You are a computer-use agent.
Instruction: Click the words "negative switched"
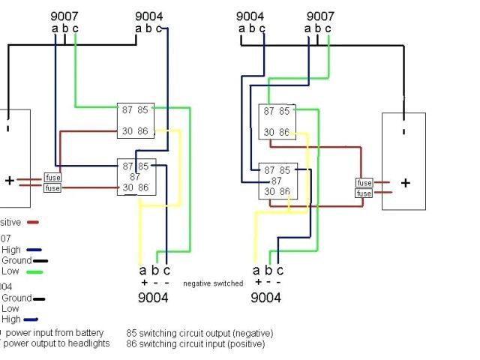(213, 283)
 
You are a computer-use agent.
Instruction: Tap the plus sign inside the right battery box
(405, 183)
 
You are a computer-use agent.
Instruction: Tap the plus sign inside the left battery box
(9, 181)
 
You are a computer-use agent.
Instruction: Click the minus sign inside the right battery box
(403, 131)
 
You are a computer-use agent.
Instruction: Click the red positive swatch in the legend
(32, 222)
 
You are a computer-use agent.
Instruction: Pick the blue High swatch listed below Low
(32, 319)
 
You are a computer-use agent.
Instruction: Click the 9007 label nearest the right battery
(320, 16)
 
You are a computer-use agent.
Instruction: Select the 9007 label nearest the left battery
(64, 16)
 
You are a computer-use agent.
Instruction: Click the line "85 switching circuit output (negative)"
(199, 333)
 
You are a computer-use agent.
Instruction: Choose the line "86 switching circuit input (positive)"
(195, 344)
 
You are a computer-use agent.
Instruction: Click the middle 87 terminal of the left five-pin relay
(136, 177)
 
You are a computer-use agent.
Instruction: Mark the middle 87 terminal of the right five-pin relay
(277, 181)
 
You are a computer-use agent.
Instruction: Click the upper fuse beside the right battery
(364, 183)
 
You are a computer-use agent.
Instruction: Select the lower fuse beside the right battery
(364, 193)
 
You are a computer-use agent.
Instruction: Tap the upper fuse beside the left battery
(52, 178)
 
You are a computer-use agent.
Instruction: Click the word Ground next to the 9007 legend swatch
(16, 261)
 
